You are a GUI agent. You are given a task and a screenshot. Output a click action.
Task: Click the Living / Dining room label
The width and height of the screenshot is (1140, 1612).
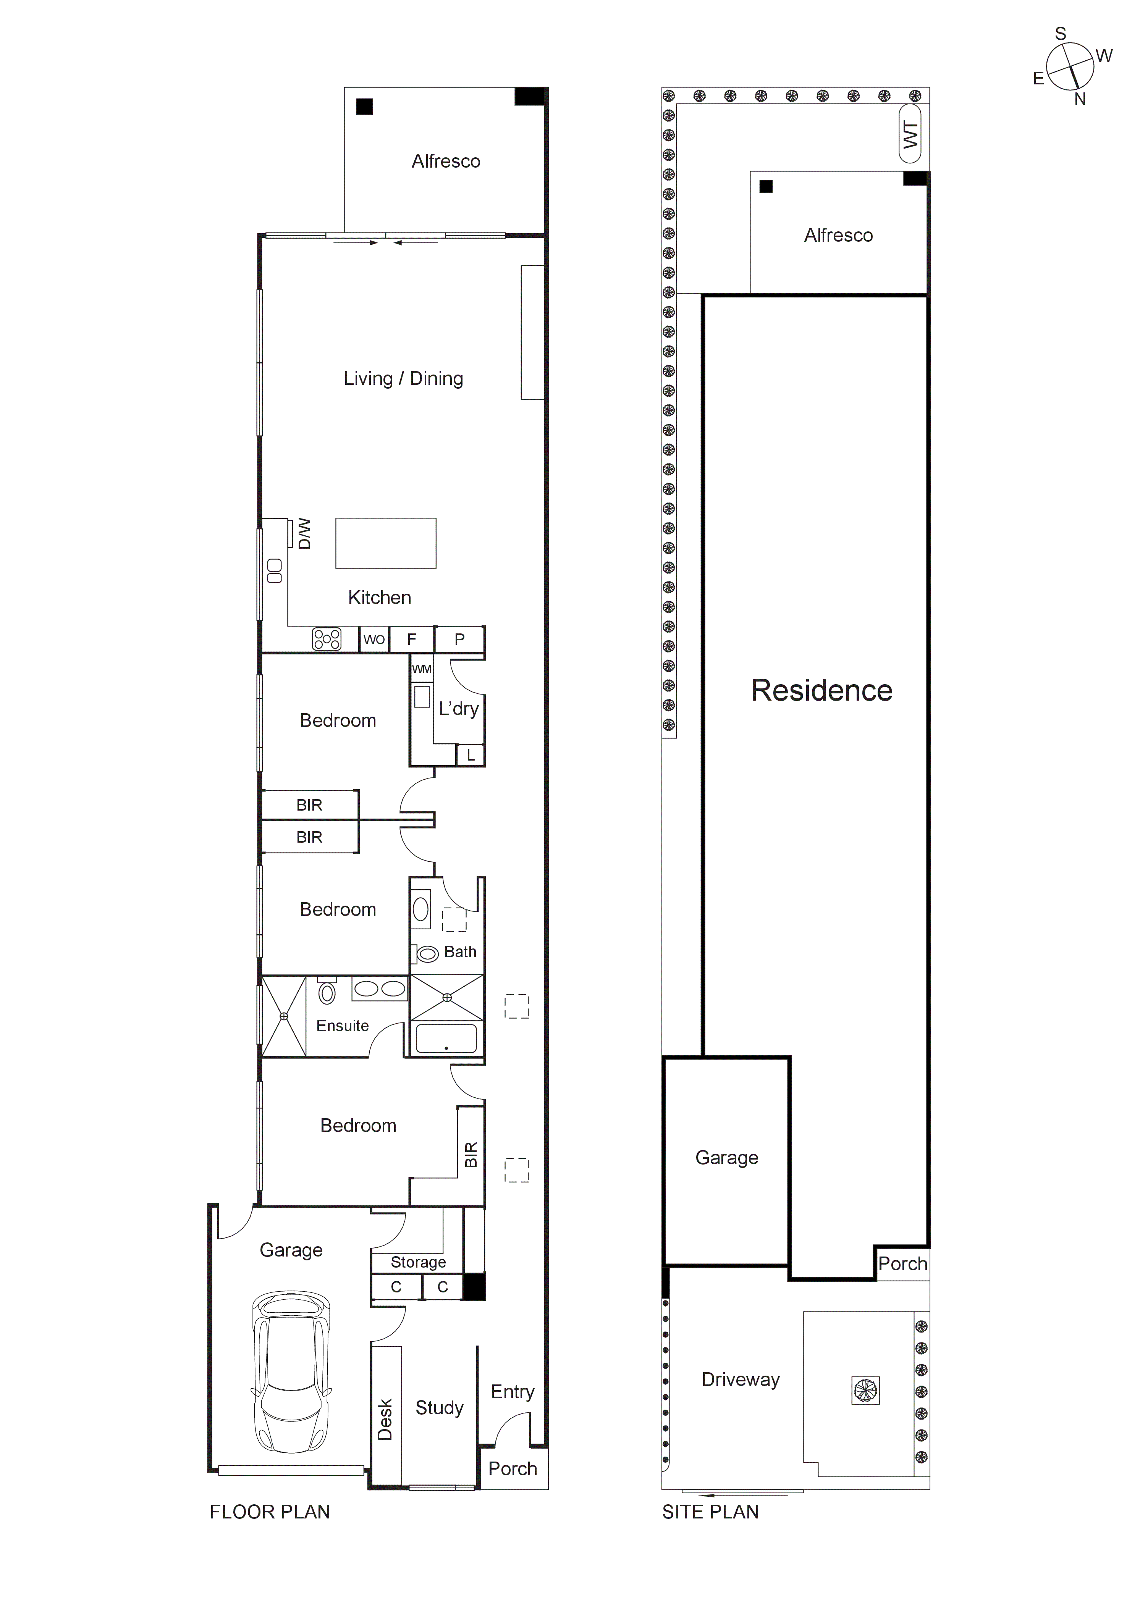click(403, 378)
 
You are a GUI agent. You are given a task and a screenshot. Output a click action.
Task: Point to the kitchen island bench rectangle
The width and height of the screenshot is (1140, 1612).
click(386, 543)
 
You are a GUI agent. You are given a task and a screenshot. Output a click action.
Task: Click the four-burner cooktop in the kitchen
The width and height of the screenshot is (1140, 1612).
click(327, 639)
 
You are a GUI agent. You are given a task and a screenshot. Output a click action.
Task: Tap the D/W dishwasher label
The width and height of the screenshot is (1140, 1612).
click(304, 534)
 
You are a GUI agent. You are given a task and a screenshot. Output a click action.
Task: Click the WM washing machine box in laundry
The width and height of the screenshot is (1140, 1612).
click(422, 669)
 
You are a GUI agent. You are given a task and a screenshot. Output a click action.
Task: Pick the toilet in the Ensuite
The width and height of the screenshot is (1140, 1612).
click(327, 993)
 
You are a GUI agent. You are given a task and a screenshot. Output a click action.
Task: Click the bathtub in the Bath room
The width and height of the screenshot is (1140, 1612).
click(446, 1039)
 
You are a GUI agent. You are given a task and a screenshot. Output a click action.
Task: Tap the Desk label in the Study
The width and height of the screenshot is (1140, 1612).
click(385, 1420)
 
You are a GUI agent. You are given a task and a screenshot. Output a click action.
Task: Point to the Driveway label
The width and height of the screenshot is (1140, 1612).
click(741, 1379)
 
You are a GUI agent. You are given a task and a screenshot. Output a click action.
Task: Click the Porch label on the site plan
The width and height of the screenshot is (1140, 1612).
click(902, 1264)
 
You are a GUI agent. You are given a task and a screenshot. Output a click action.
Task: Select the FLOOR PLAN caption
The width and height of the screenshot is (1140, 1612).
click(270, 1512)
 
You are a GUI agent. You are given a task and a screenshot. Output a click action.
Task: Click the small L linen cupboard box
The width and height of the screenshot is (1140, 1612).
click(471, 756)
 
